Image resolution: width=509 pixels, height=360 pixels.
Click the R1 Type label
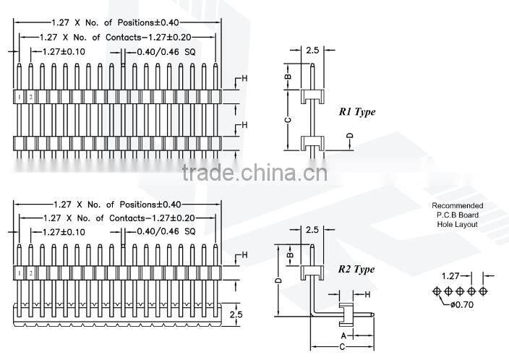tap(357, 112)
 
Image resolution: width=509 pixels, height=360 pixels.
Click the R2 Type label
tap(356, 270)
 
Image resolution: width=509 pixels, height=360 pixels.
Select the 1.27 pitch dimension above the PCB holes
tap(451, 275)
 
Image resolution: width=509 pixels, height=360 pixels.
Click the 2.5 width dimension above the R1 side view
tap(312, 51)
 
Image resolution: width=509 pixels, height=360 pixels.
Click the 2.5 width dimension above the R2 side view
tap(312, 230)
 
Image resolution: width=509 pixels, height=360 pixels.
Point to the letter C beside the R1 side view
tap(287, 119)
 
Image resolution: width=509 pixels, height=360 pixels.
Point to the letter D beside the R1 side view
tap(349, 136)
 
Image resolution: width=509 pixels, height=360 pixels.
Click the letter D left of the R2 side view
tap(278, 280)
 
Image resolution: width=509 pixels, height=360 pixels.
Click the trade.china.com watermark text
tap(254, 173)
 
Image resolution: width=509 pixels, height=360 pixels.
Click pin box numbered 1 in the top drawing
tap(20, 96)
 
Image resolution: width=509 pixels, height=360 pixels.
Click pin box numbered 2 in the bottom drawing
tap(31, 273)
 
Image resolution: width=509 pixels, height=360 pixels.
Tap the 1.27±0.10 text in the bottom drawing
tap(64, 232)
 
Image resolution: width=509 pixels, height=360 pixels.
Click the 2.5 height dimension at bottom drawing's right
tap(236, 314)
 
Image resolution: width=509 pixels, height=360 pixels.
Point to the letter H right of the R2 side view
tap(367, 294)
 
